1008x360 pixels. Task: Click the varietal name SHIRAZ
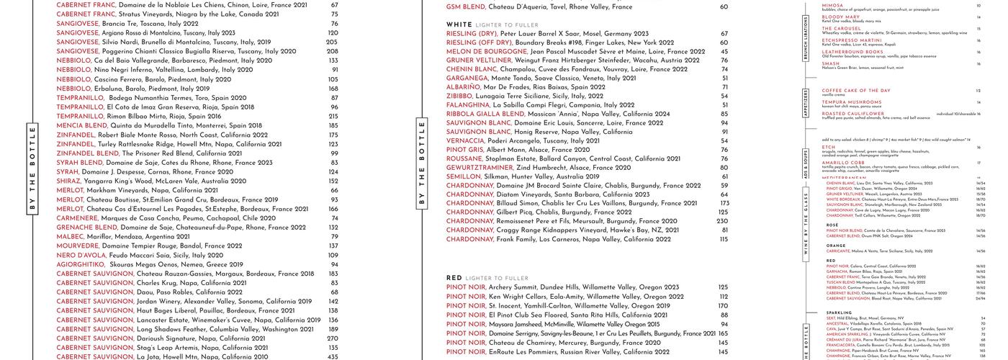coord(70,181)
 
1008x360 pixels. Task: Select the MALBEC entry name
coord(71,237)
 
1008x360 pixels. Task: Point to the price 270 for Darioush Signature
coord(333,338)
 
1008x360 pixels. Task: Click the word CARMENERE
coord(78,218)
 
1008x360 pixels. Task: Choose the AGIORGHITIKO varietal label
coord(81,265)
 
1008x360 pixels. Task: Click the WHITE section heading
coord(459,24)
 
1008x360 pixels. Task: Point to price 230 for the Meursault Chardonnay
coord(722,222)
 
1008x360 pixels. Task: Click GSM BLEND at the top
coord(465,7)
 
